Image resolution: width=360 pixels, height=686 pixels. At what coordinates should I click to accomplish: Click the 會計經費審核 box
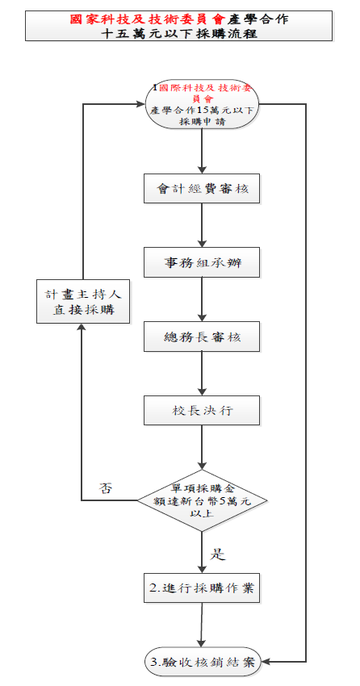click(x=202, y=189)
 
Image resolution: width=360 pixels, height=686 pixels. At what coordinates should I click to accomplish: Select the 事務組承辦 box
click(x=202, y=262)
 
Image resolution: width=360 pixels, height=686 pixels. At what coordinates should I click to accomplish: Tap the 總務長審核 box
click(x=202, y=337)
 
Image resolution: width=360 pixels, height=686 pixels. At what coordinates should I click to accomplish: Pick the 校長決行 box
click(x=202, y=410)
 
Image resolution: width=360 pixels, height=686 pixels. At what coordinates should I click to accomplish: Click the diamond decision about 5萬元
click(x=202, y=500)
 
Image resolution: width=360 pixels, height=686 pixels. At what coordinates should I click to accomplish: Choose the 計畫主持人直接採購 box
click(x=83, y=302)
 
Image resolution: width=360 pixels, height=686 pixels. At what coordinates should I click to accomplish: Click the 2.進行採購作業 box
click(x=202, y=588)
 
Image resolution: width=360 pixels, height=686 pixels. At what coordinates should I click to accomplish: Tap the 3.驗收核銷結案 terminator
click(x=203, y=662)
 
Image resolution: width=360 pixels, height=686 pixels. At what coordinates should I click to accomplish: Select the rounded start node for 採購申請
click(x=203, y=104)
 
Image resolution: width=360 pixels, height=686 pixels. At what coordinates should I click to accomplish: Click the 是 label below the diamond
click(x=217, y=554)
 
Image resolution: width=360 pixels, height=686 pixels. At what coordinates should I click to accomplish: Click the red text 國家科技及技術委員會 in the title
click(x=148, y=19)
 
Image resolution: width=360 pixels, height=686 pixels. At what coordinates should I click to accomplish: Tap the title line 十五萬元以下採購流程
click(x=179, y=34)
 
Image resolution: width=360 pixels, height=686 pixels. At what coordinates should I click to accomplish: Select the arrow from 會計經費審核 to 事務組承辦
click(x=202, y=225)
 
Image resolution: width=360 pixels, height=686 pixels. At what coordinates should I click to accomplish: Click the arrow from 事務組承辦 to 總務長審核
click(x=202, y=299)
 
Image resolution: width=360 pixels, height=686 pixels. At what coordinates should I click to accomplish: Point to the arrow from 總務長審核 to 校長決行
click(x=202, y=374)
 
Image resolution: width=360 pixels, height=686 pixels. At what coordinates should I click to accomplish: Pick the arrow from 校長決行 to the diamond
click(x=202, y=448)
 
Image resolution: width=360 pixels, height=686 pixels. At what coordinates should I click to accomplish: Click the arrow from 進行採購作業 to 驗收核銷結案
click(x=202, y=625)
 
